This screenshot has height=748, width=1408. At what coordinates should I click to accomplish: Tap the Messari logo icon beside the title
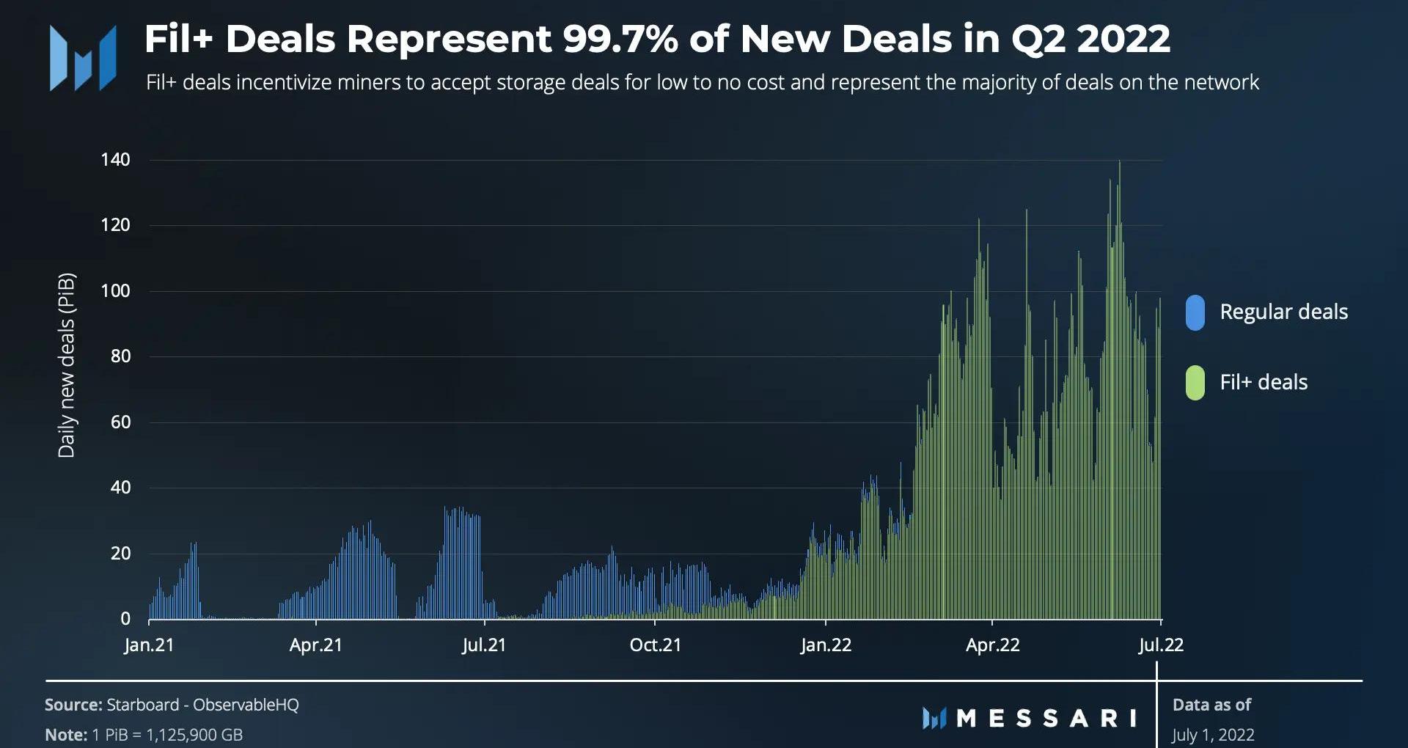(x=83, y=58)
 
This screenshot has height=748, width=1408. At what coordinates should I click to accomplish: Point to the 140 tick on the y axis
(x=115, y=160)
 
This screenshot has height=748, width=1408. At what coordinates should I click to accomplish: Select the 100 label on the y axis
(x=115, y=291)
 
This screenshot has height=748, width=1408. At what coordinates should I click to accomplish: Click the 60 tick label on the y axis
(x=120, y=422)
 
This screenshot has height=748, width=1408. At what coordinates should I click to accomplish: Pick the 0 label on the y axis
(x=125, y=619)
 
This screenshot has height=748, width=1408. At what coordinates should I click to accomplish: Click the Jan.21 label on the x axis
(x=149, y=645)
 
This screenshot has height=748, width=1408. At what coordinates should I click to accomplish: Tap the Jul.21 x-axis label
(x=484, y=645)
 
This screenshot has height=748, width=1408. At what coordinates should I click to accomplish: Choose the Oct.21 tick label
(x=655, y=645)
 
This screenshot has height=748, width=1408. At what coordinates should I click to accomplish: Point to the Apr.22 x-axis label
(x=992, y=645)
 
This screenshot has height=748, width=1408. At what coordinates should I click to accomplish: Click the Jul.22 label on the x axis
(x=1161, y=645)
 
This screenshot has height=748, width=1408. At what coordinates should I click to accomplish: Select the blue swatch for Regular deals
(x=1195, y=312)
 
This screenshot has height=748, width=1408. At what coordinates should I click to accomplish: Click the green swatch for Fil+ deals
(x=1195, y=383)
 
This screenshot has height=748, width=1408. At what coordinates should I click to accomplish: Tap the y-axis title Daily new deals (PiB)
(x=67, y=365)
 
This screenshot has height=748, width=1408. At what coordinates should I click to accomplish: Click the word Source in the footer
(x=73, y=705)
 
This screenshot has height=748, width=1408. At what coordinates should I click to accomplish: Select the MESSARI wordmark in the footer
(x=1046, y=718)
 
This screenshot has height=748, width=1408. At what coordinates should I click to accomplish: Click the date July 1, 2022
(x=1213, y=735)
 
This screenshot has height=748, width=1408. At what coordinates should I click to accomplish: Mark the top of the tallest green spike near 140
(x=1119, y=162)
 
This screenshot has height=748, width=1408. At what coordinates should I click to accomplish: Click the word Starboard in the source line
(x=142, y=705)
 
